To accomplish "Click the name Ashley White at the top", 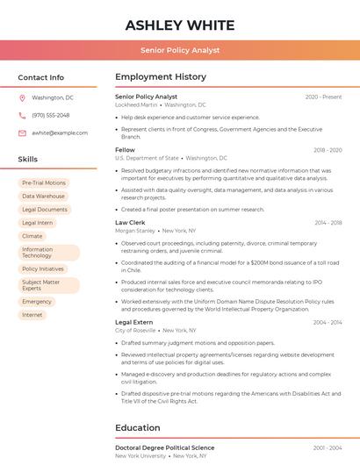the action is click(179, 25).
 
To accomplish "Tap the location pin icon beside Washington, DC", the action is click(22, 97).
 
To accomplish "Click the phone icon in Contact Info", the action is click(22, 115).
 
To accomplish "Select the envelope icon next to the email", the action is click(22, 132).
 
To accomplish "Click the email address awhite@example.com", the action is click(60, 132).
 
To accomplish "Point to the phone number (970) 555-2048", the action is click(50, 115).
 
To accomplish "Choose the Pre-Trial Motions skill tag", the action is click(44, 183).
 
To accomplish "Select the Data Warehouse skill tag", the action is click(44, 197).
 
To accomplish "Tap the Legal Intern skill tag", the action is click(38, 223).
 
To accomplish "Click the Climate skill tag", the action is click(32, 236).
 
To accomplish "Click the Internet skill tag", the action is click(32, 315).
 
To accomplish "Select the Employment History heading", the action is click(161, 77).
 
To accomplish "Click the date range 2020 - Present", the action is click(323, 97).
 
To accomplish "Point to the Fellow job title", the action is click(125, 150).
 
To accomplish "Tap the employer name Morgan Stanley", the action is click(134, 231).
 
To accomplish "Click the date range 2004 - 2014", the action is click(328, 322).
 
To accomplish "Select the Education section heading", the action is click(139, 427).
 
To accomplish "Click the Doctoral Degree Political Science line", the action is click(164, 447).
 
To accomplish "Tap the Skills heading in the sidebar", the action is click(28, 160).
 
